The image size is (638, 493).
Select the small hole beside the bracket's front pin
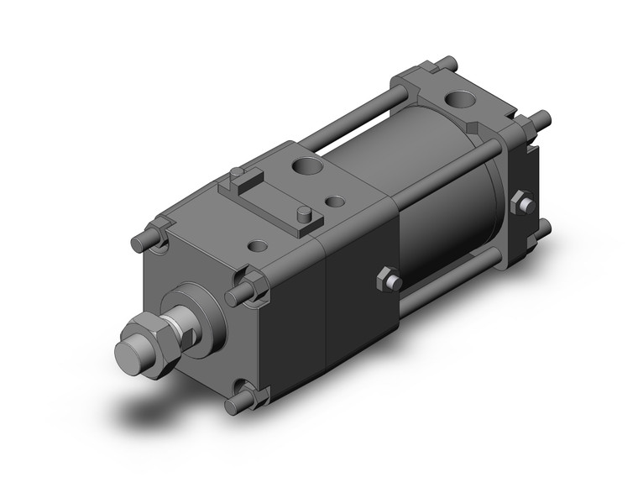[x=335, y=202]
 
